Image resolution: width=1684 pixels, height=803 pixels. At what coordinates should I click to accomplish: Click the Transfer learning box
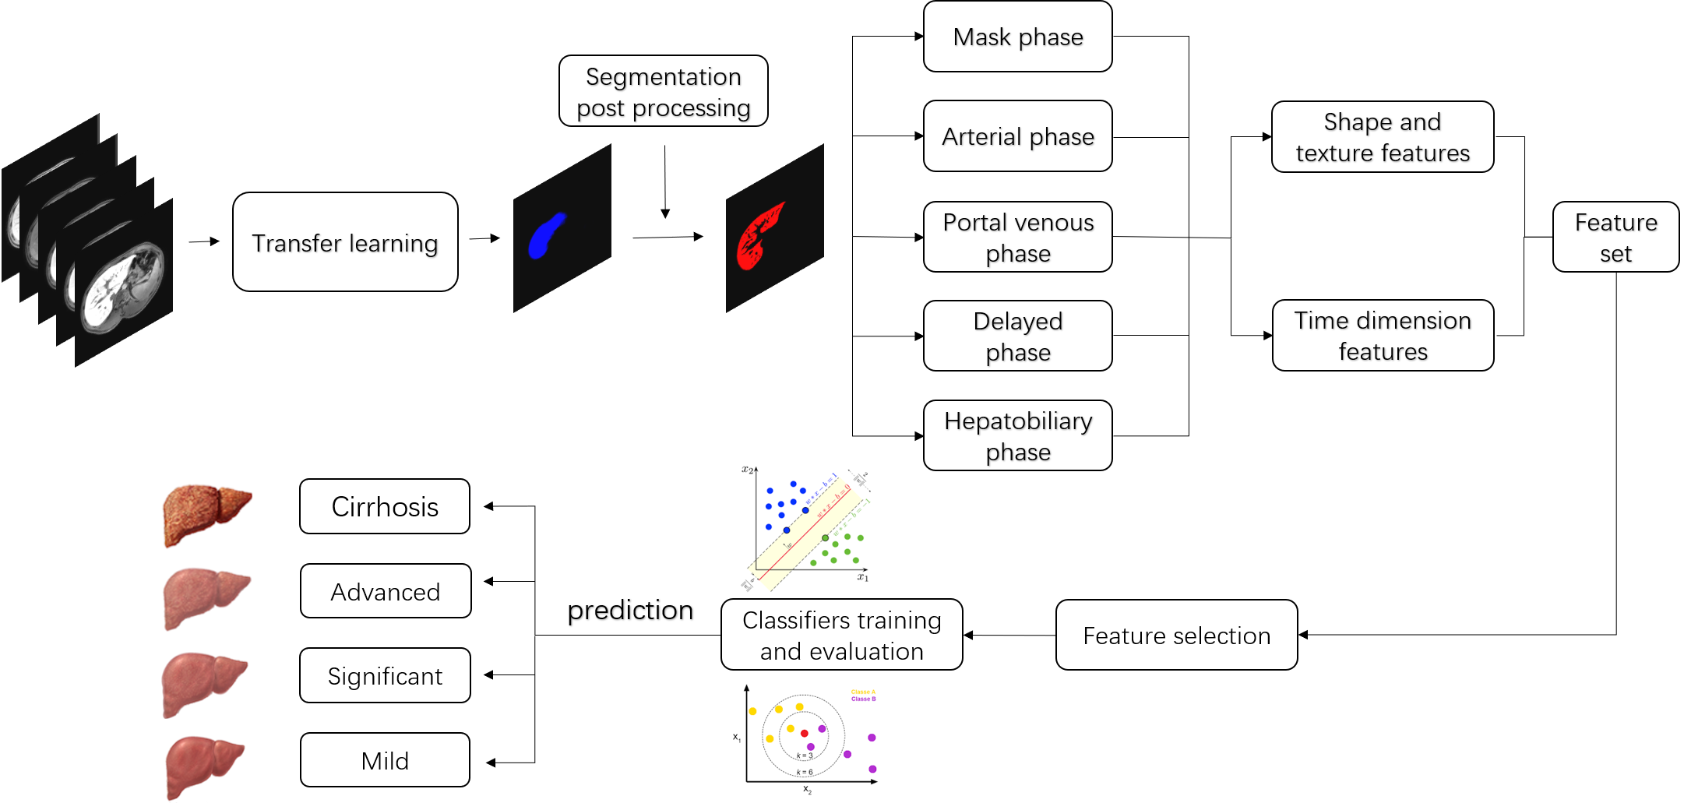pyautogui.click(x=345, y=242)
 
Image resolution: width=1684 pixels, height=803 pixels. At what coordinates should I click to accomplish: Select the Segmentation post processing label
pyautogui.click(x=663, y=91)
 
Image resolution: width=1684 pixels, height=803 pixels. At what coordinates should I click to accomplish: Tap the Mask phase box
pyautogui.click(x=1017, y=37)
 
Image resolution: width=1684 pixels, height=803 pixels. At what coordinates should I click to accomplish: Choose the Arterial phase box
pyautogui.click(x=1017, y=136)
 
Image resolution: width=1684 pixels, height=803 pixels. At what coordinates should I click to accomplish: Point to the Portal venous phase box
pyautogui.click(x=1017, y=237)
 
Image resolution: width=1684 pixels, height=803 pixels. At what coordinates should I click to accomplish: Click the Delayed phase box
pyautogui.click(x=1017, y=336)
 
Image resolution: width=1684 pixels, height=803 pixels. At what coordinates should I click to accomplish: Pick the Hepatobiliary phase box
pyautogui.click(x=1017, y=435)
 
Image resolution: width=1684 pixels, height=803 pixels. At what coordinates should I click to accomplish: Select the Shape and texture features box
pyautogui.click(x=1383, y=137)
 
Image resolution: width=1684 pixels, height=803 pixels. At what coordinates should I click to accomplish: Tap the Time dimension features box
pyautogui.click(x=1383, y=336)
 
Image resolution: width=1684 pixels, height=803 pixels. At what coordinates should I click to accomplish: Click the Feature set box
pyautogui.click(x=1615, y=237)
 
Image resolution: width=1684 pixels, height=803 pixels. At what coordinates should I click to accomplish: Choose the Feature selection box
pyautogui.click(x=1176, y=635)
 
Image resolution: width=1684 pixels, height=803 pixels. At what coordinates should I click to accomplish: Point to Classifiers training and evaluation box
pyautogui.click(x=841, y=635)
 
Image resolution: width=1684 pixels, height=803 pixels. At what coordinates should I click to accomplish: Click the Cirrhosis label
pyautogui.click(x=385, y=506)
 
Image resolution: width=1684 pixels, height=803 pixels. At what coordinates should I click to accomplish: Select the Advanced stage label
pyautogui.click(x=386, y=591)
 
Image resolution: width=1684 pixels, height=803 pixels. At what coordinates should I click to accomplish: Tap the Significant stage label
pyautogui.click(x=385, y=675)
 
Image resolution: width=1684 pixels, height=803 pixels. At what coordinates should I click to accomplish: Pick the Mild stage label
pyautogui.click(x=385, y=760)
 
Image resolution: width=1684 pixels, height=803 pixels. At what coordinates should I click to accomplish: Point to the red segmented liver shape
pyautogui.click(x=757, y=237)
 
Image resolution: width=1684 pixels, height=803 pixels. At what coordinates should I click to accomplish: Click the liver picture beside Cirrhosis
pyautogui.click(x=206, y=516)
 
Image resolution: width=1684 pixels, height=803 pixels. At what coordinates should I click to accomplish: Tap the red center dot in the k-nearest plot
pyautogui.click(x=805, y=733)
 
